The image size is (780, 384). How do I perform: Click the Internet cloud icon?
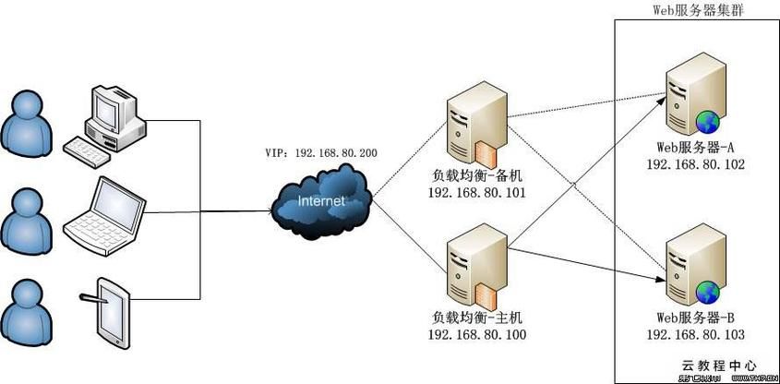[322, 200]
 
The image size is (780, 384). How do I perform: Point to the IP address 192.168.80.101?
[477, 193]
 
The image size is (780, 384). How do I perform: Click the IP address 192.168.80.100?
[477, 336]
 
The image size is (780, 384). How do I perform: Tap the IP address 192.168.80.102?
[695, 164]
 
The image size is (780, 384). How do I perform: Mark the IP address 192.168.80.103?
[695, 334]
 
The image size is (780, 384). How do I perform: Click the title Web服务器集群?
[697, 9]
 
